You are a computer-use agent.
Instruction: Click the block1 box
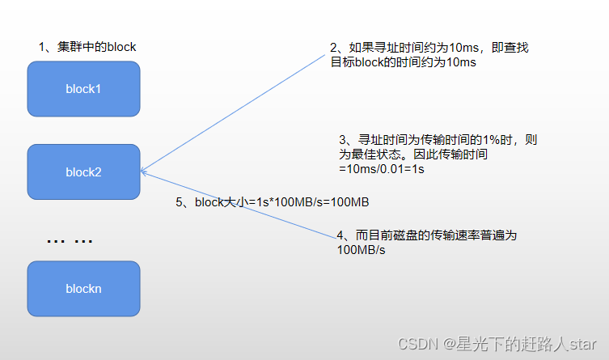(83, 89)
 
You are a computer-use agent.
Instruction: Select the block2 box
(83, 172)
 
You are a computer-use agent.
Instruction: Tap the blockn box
(83, 289)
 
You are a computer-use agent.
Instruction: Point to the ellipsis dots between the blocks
(70, 241)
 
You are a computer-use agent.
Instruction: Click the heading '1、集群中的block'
(87, 47)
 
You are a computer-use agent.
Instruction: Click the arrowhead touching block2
(143, 172)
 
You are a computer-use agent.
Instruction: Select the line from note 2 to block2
(233, 113)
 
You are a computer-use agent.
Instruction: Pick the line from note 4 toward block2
(239, 205)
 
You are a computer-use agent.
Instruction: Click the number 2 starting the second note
(334, 48)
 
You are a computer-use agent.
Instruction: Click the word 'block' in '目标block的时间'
(369, 62)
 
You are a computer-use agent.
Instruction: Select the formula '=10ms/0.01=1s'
(382, 169)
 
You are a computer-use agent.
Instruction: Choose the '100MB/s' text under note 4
(362, 250)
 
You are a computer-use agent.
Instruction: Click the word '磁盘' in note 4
(393, 235)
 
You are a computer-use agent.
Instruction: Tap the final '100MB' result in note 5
(349, 202)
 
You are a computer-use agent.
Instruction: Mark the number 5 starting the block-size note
(179, 202)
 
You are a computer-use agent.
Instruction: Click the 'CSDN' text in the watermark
(417, 344)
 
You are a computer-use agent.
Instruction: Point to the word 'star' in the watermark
(582, 344)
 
